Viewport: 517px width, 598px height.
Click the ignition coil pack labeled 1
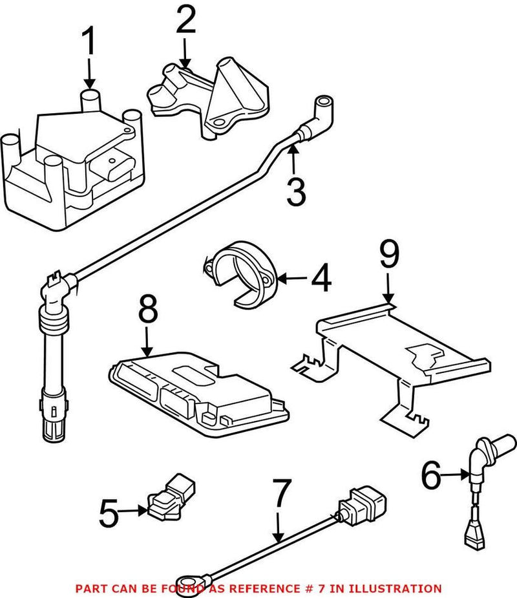click(74, 158)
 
